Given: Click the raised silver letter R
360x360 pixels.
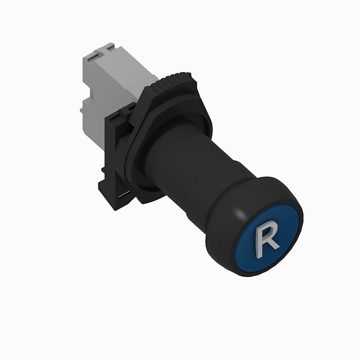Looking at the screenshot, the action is click(266, 239).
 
